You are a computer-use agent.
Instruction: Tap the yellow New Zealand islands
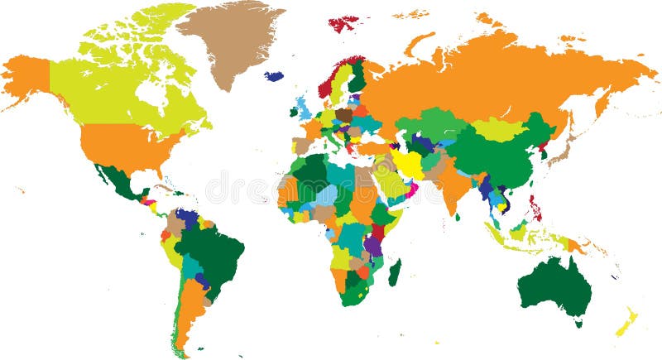click(626, 323)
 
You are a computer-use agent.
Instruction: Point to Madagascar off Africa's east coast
click(395, 272)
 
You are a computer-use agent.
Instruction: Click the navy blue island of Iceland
click(273, 76)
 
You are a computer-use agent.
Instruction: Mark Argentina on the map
click(189, 306)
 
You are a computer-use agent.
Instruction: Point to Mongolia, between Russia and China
click(496, 128)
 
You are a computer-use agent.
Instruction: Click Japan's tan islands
click(565, 149)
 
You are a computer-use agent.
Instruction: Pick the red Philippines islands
click(535, 207)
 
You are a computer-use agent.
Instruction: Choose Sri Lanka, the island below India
click(457, 217)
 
